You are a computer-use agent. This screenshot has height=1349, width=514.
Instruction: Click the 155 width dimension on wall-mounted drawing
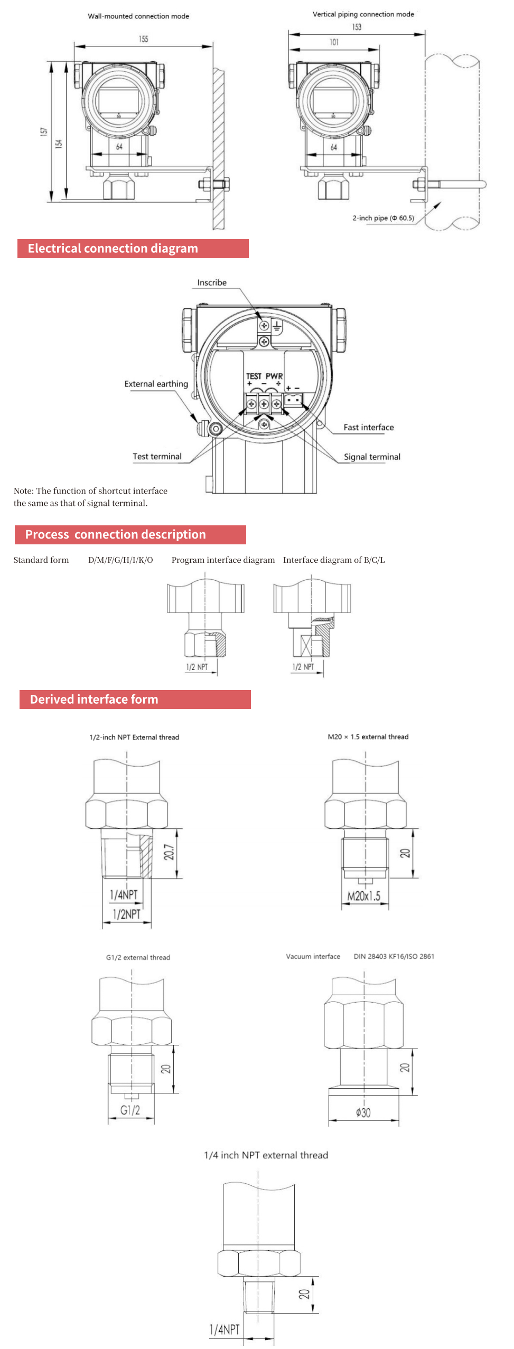(144, 39)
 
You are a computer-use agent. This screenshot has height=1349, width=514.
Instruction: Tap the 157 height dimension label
(44, 131)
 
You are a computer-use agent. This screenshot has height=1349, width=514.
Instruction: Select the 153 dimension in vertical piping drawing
(357, 27)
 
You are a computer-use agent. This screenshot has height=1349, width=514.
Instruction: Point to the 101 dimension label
(334, 42)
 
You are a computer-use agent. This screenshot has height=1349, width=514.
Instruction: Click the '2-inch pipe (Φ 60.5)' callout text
(383, 218)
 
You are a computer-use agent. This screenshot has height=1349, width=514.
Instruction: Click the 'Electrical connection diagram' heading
(113, 249)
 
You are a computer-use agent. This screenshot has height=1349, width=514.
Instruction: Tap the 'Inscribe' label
(212, 283)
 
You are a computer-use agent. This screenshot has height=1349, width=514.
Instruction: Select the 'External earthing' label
(156, 384)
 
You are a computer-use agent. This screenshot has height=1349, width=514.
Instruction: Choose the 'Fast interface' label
(368, 428)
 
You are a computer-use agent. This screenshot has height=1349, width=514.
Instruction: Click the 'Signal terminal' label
(372, 457)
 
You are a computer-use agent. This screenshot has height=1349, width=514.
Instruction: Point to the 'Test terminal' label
(157, 457)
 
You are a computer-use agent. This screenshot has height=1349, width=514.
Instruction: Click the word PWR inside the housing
(274, 376)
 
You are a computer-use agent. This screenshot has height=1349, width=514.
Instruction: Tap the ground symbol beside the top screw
(277, 326)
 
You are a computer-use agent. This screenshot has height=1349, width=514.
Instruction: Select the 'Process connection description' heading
(115, 535)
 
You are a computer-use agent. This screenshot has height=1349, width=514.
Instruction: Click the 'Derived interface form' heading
(94, 700)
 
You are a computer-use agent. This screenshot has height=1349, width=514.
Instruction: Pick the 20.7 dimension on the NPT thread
(169, 852)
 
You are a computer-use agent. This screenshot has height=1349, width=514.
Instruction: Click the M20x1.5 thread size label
(363, 896)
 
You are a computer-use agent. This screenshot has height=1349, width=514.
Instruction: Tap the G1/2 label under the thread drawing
(130, 1110)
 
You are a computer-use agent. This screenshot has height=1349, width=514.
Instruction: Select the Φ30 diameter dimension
(363, 1112)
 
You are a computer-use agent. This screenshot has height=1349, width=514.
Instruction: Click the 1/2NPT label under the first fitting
(127, 914)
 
